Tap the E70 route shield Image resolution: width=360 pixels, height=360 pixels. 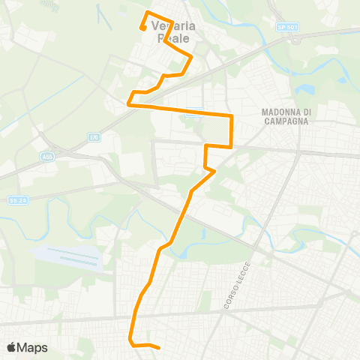93,136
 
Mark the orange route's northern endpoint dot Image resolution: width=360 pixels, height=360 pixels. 142,29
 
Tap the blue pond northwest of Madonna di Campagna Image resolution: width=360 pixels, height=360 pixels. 305,89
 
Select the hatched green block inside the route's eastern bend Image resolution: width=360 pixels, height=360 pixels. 218,132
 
